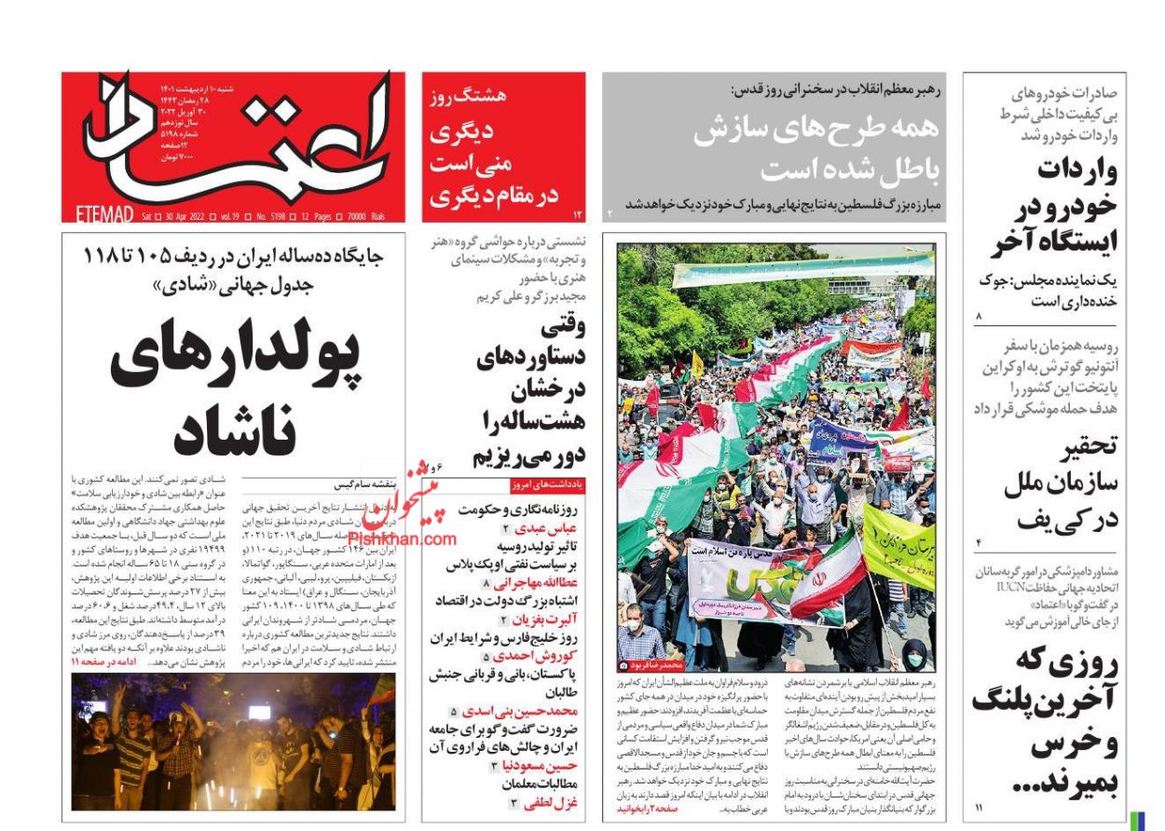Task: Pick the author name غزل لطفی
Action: coord(552,800)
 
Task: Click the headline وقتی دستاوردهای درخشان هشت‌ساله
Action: coord(531,391)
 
